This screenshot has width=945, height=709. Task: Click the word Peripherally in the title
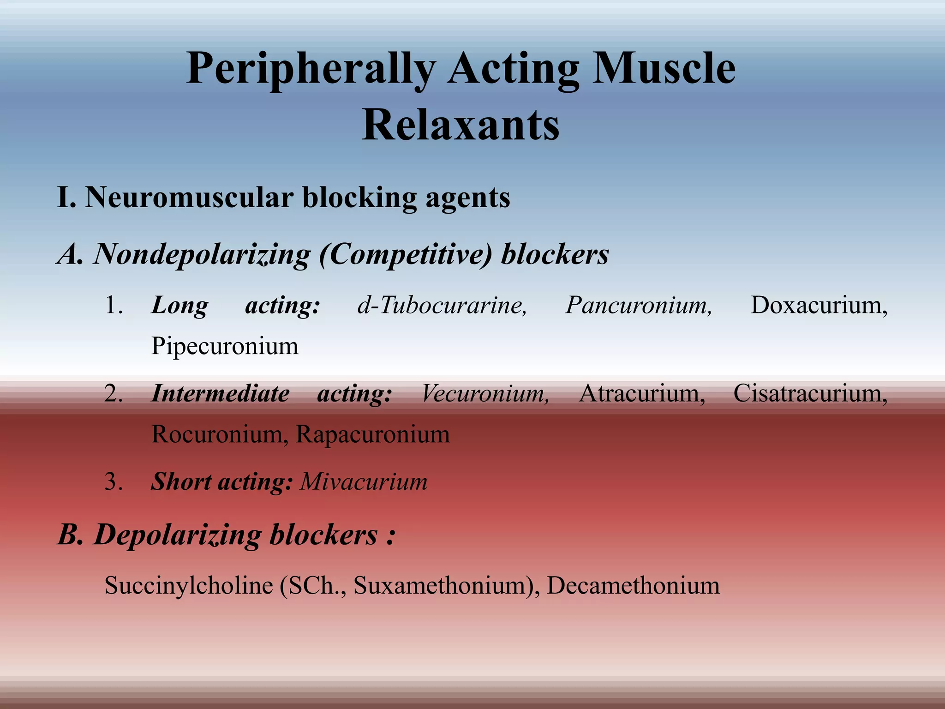coord(311,69)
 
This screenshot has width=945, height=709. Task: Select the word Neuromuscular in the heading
coord(189,198)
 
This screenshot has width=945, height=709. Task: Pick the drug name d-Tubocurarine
coord(442,305)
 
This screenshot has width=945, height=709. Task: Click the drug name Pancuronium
coord(639,305)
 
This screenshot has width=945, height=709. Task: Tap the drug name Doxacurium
coord(819,305)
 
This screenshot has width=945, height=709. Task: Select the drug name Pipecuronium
coord(225,346)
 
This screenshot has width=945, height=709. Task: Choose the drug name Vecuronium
coord(485,394)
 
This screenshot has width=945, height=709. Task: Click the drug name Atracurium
coord(642,394)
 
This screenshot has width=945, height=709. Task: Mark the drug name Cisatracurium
coord(810,394)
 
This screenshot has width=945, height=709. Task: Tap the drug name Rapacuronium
coord(372,434)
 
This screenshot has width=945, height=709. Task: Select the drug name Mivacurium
coord(364,482)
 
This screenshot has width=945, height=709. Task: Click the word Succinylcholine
coord(189,586)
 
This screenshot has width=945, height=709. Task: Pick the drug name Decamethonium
coord(633,586)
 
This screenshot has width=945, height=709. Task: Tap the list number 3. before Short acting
coord(114,482)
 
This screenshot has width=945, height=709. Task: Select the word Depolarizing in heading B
coord(178,535)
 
